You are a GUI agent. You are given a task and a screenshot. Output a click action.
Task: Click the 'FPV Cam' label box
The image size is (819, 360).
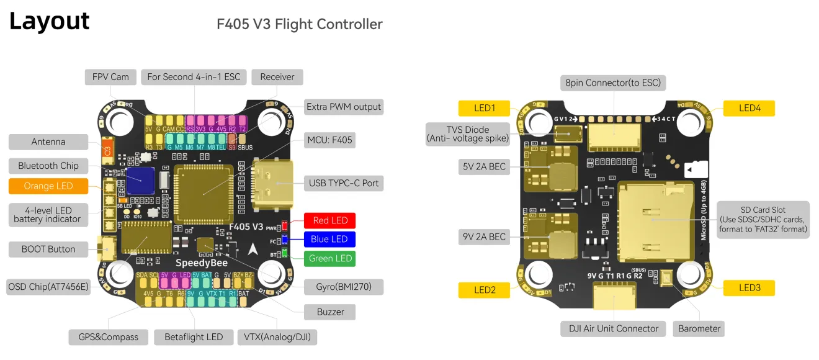[110, 77]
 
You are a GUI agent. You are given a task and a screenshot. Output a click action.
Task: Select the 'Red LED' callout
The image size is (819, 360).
[330, 220]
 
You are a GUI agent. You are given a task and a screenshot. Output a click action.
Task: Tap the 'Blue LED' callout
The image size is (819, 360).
[330, 239]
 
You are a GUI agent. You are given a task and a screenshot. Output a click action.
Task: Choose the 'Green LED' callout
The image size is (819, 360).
[330, 258]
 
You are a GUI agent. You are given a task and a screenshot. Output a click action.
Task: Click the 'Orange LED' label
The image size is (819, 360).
[48, 186]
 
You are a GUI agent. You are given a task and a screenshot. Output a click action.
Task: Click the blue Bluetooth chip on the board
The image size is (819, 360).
[140, 181]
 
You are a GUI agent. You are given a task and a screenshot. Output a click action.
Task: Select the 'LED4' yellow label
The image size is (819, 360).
[750, 108]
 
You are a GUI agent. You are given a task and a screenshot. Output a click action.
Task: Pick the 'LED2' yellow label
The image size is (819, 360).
[485, 289]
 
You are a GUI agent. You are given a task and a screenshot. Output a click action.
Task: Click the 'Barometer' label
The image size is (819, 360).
[699, 328]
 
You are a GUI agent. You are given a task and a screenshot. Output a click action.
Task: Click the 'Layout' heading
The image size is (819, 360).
[50, 22]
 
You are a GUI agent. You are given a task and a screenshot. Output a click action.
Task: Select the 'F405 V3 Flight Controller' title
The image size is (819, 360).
[299, 24]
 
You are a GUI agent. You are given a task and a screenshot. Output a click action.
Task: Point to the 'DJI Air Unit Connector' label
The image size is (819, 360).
[614, 328]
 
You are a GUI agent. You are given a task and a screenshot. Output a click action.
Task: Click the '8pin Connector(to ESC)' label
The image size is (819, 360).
[613, 83]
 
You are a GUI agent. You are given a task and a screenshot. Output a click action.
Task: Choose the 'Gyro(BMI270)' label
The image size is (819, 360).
[344, 287]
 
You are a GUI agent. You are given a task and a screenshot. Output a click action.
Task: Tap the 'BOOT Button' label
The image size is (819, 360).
[48, 249]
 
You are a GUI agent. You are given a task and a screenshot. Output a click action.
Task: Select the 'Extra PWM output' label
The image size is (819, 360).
[344, 107]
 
